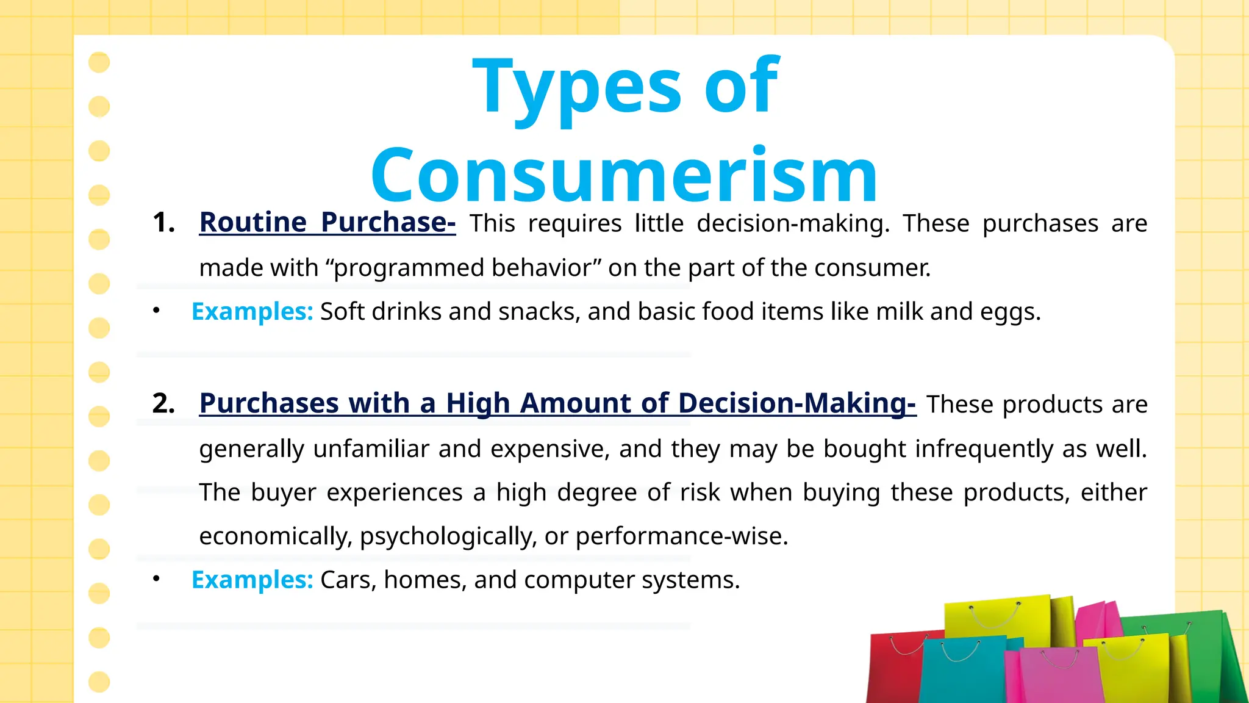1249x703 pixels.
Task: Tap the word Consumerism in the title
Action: click(623, 176)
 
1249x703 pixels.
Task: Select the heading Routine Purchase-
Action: click(327, 222)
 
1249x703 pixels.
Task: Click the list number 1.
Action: click(163, 223)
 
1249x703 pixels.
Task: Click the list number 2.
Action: click(163, 403)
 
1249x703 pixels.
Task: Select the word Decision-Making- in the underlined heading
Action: click(796, 403)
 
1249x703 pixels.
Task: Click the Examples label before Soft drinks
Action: click(252, 311)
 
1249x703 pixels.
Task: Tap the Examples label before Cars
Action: click(252, 580)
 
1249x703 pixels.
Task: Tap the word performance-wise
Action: click(681, 536)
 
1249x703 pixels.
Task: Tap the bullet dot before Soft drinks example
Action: click(157, 311)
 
